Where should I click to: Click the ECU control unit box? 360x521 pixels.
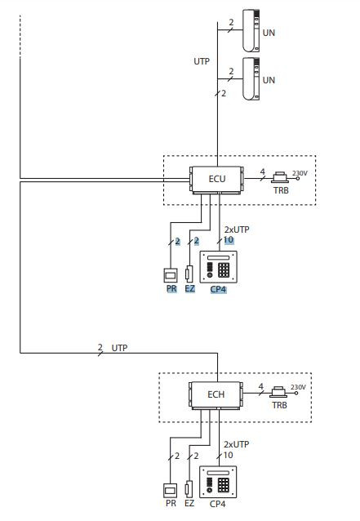(217, 179)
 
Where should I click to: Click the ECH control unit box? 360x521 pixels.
(216, 394)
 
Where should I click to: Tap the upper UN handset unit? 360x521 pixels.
(251, 31)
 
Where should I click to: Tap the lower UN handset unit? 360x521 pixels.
(251, 78)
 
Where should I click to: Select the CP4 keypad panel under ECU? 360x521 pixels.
(218, 267)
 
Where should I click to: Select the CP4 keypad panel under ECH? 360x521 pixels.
(217, 482)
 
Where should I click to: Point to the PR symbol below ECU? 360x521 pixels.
(171, 275)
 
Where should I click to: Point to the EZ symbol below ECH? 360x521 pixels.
(189, 489)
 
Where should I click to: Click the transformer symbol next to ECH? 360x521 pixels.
(278, 393)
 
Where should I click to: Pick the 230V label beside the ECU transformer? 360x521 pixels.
(300, 173)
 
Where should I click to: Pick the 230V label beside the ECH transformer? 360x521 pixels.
(298, 387)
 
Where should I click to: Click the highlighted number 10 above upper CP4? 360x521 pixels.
(228, 240)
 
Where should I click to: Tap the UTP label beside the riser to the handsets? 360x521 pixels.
(202, 61)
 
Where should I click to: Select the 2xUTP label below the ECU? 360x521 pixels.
(237, 229)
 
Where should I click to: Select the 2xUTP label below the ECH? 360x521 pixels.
(236, 444)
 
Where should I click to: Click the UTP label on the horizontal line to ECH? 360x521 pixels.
(119, 348)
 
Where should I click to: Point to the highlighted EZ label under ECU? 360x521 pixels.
(189, 289)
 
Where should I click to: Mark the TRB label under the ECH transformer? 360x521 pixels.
(279, 405)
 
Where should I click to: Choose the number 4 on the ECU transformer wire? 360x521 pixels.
(262, 171)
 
